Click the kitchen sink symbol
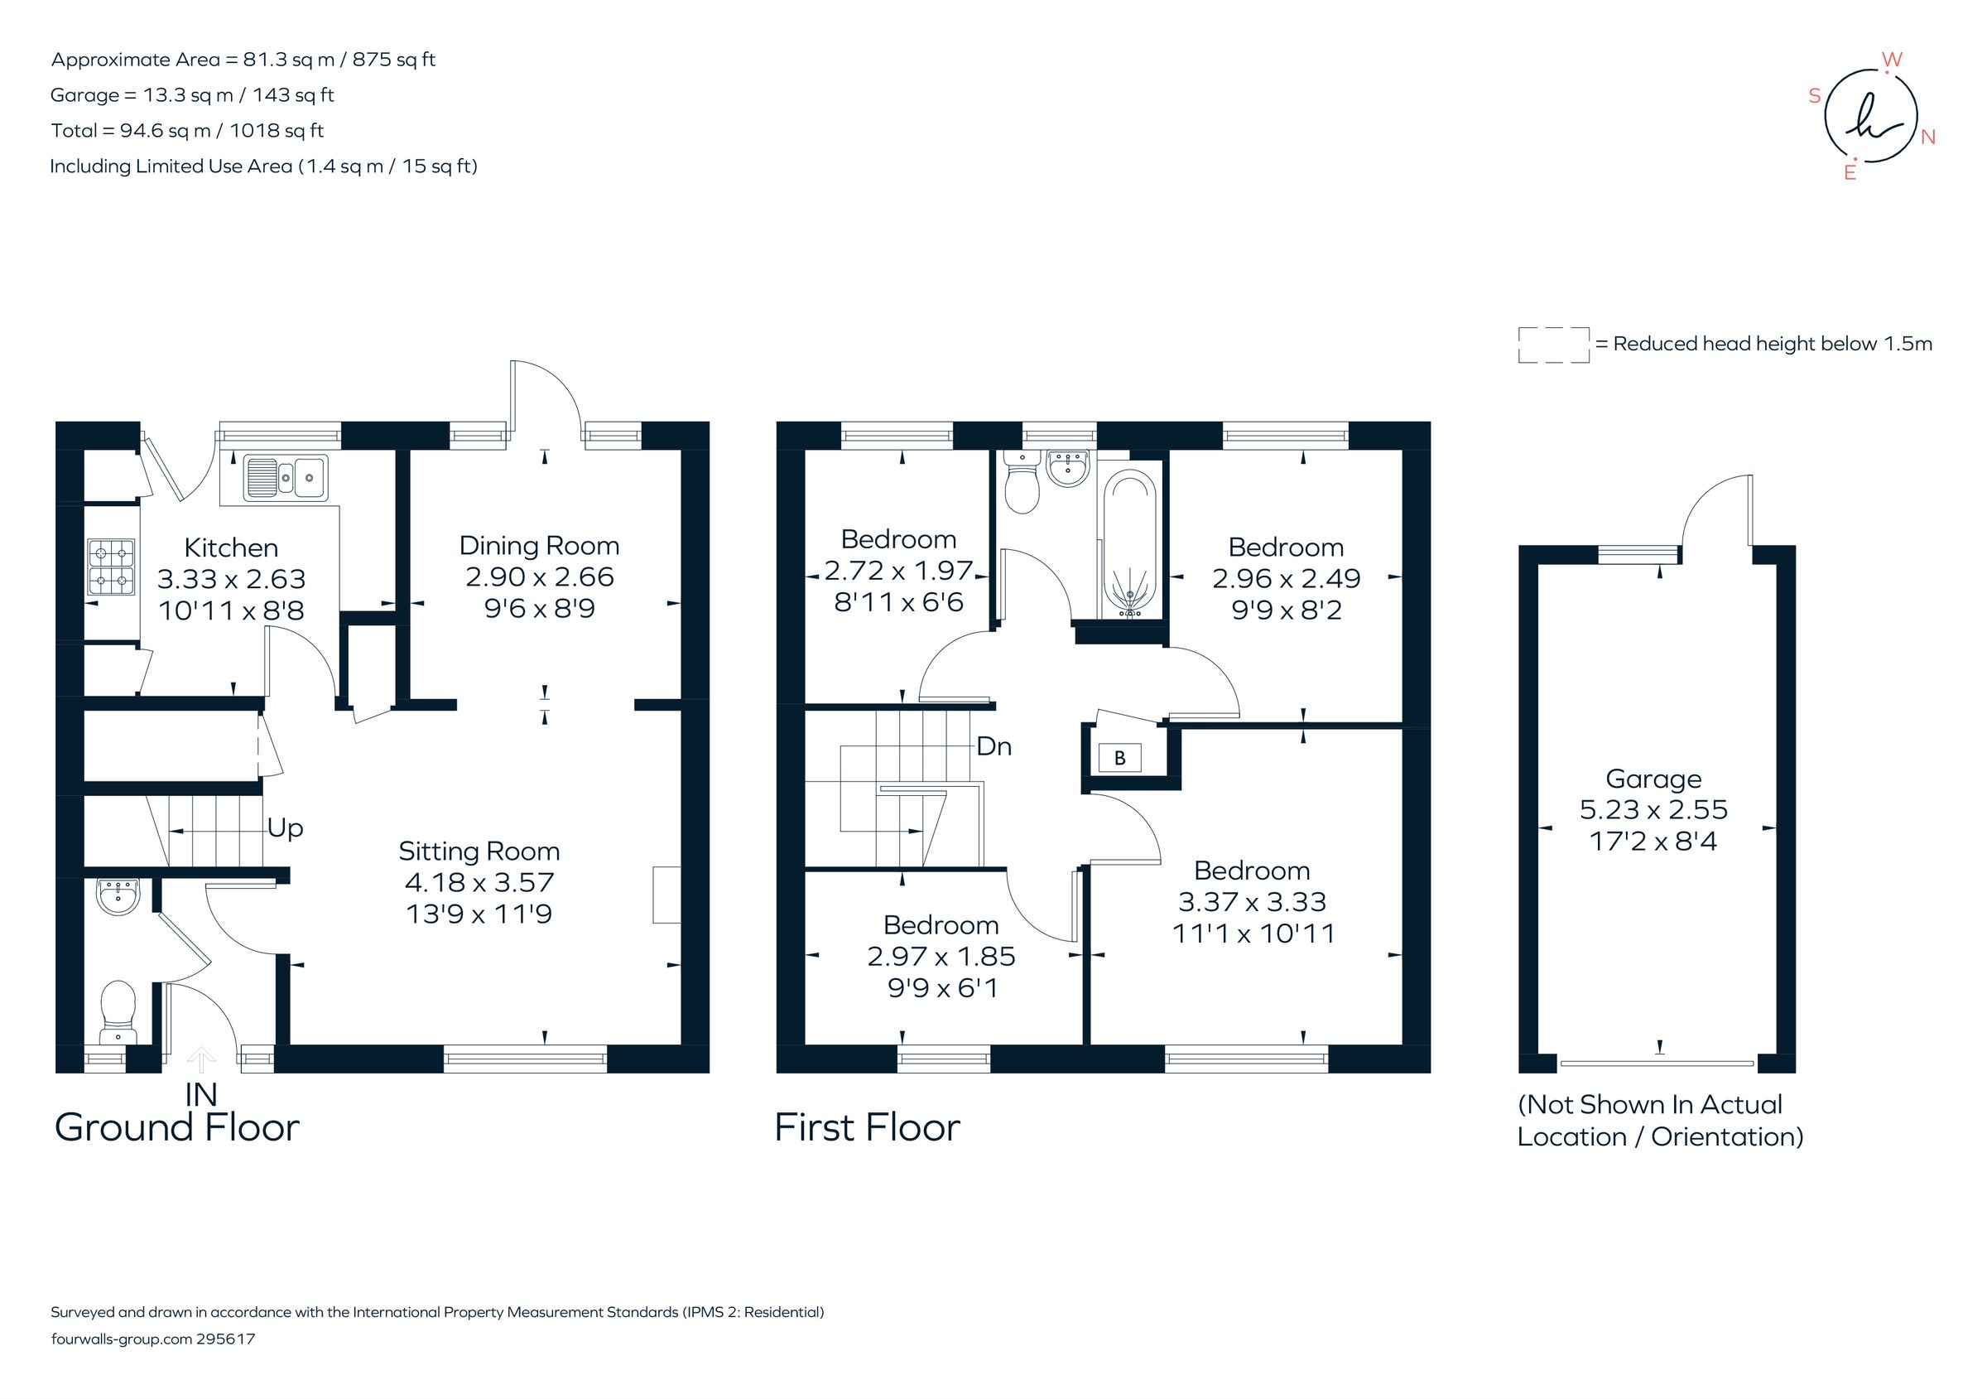pos(286,477)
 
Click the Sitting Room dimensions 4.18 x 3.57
pos(479,882)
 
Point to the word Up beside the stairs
pos(285,828)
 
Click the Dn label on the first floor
pos(993,746)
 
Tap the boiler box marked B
pos(1120,759)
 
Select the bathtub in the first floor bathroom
pos(1129,543)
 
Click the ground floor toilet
pos(118,1010)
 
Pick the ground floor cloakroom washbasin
pos(118,897)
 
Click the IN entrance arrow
pos(201,1059)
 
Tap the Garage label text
pos(1653,779)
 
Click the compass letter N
pos(1927,137)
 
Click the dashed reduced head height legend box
pos(1553,345)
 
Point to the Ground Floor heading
pos(176,1127)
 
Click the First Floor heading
pos(867,1127)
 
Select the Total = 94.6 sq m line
pos(187,131)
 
